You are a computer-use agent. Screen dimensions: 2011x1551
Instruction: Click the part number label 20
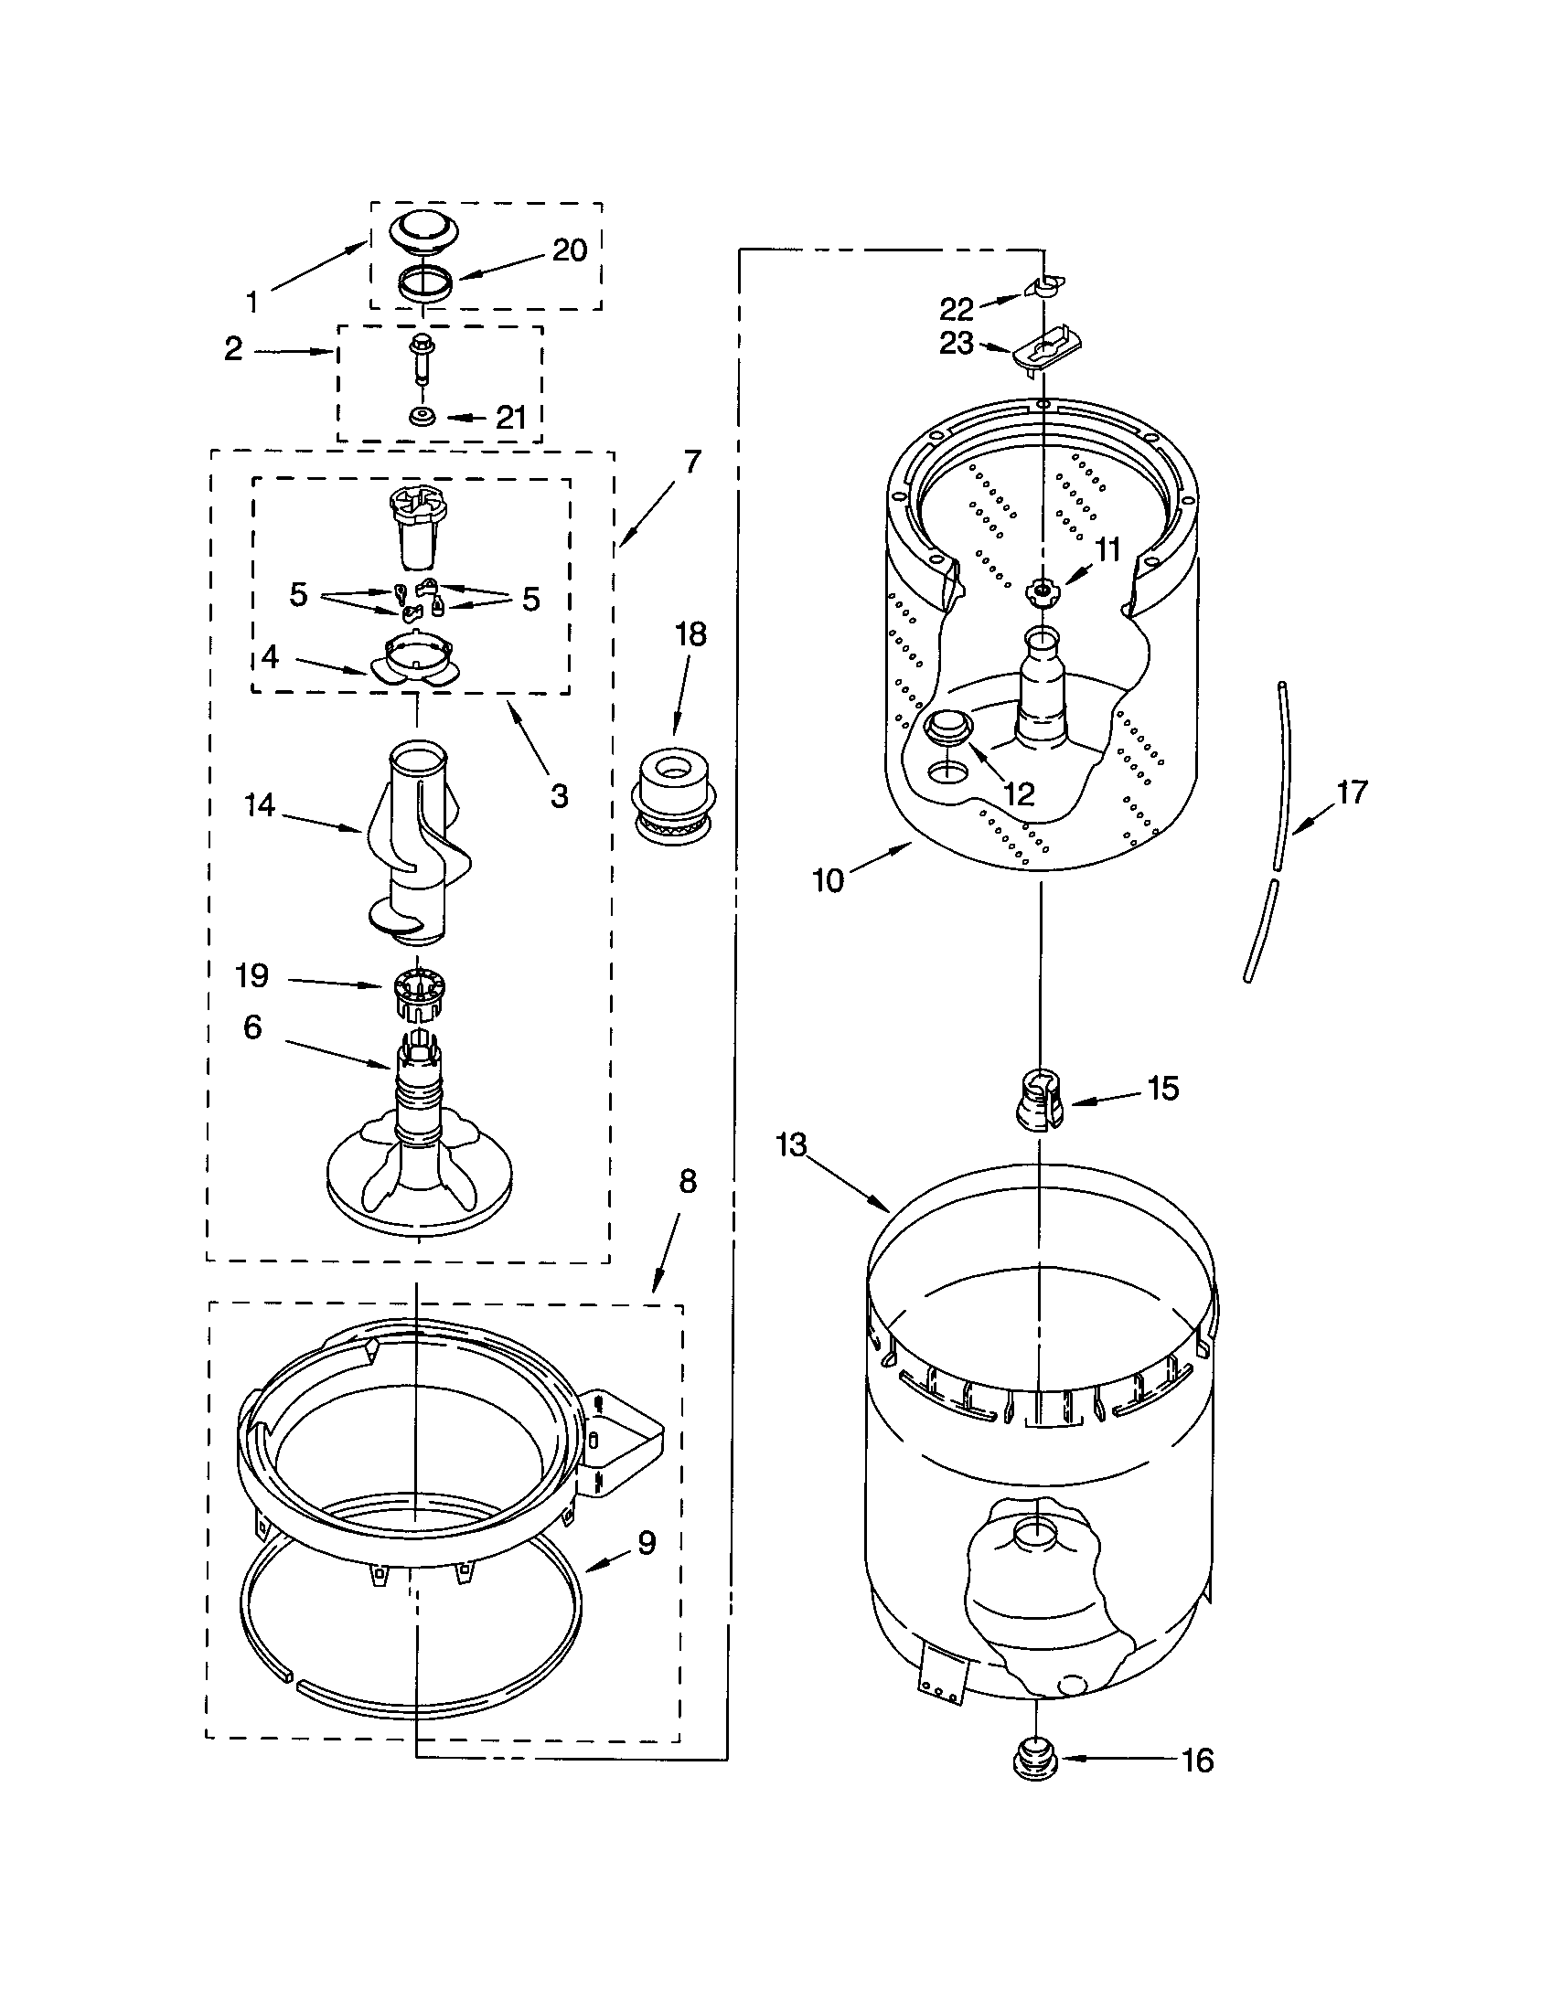569,250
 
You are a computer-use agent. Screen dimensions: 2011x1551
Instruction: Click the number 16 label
1196,1761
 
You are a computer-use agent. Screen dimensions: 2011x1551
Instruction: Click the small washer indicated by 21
423,417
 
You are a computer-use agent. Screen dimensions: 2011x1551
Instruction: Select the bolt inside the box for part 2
421,358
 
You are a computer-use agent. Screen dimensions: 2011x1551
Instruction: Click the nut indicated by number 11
1041,591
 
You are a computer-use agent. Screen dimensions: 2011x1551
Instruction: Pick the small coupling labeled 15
1039,1099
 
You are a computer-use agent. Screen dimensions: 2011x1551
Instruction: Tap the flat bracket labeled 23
1046,352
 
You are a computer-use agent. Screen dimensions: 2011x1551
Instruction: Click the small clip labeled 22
1044,286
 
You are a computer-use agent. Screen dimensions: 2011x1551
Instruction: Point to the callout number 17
1351,792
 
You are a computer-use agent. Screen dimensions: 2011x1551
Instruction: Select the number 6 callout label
252,1027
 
